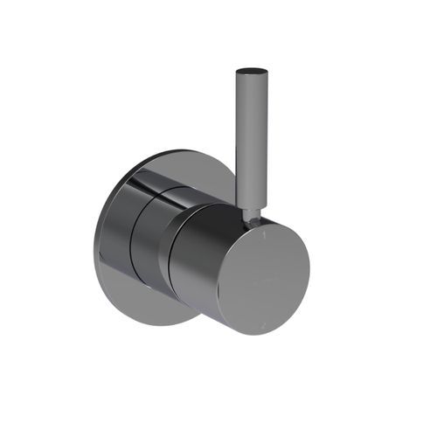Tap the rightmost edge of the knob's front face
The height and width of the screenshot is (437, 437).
[x=309, y=267]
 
